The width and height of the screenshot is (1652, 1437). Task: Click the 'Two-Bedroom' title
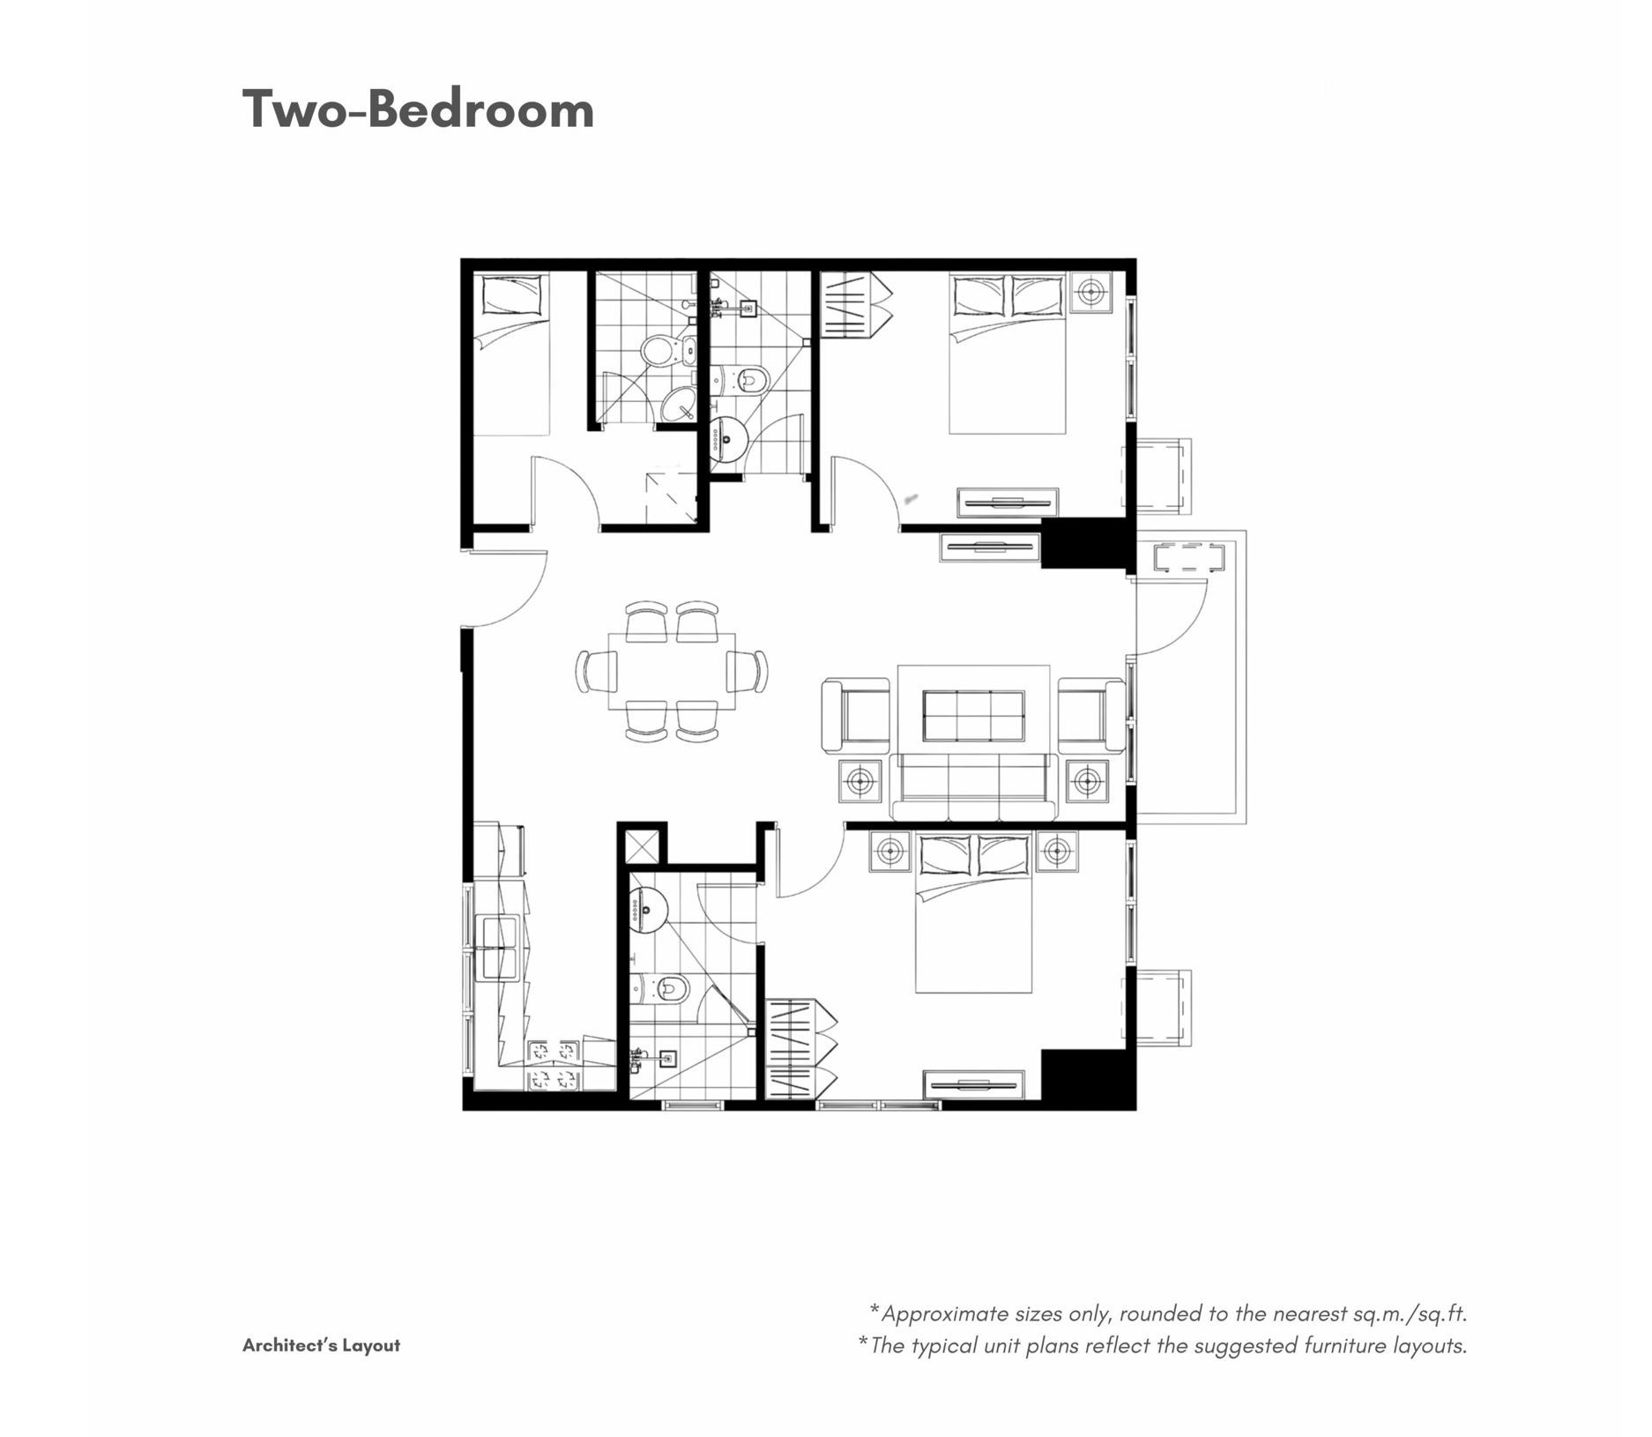pos(418,110)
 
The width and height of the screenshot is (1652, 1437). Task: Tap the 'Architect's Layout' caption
pos(321,1345)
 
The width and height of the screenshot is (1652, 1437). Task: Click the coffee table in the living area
pos(973,715)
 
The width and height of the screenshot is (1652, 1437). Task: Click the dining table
pos(672,671)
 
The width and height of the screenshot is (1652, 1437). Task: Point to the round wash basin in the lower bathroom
pos(648,910)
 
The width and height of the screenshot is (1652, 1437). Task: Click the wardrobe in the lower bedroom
pos(799,1049)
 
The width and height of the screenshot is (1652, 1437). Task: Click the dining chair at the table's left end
pos(597,671)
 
